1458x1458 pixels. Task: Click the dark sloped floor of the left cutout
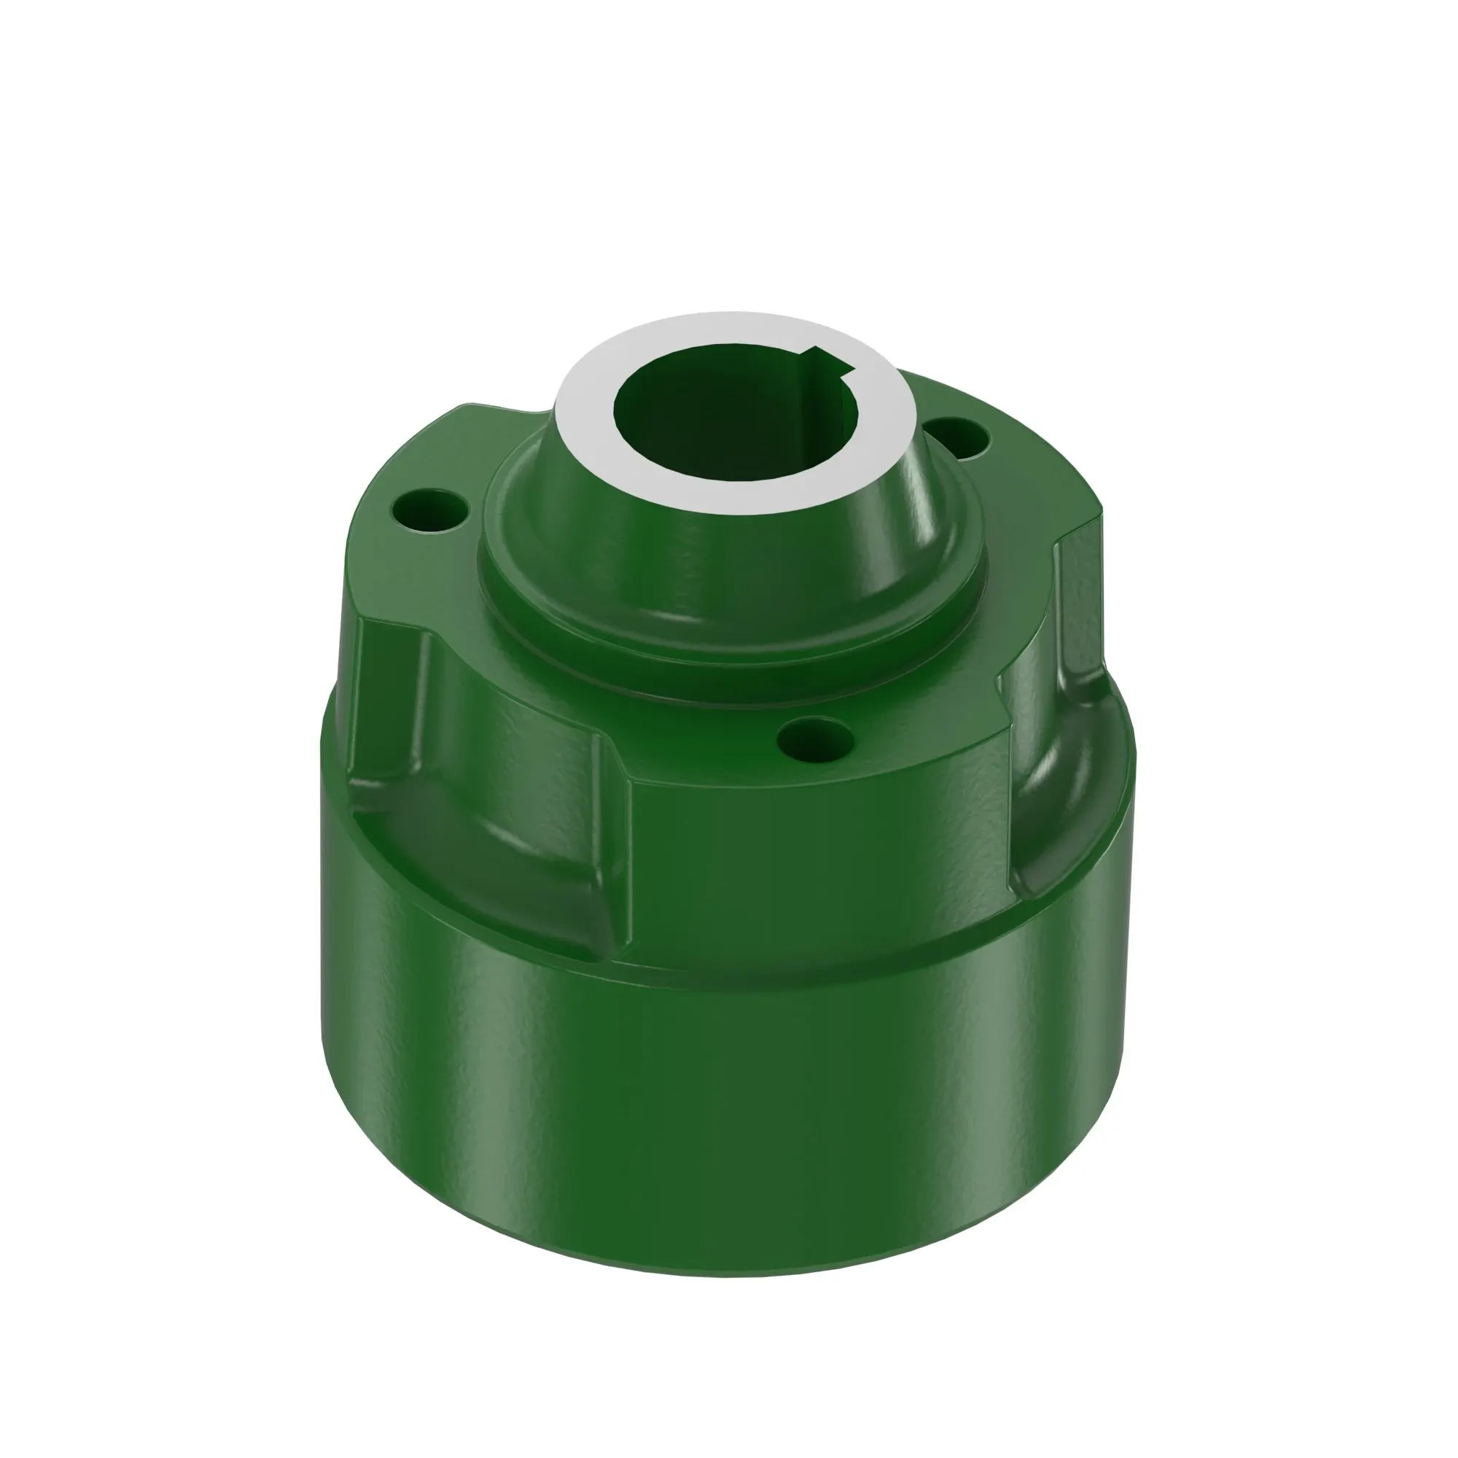pos(483,845)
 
